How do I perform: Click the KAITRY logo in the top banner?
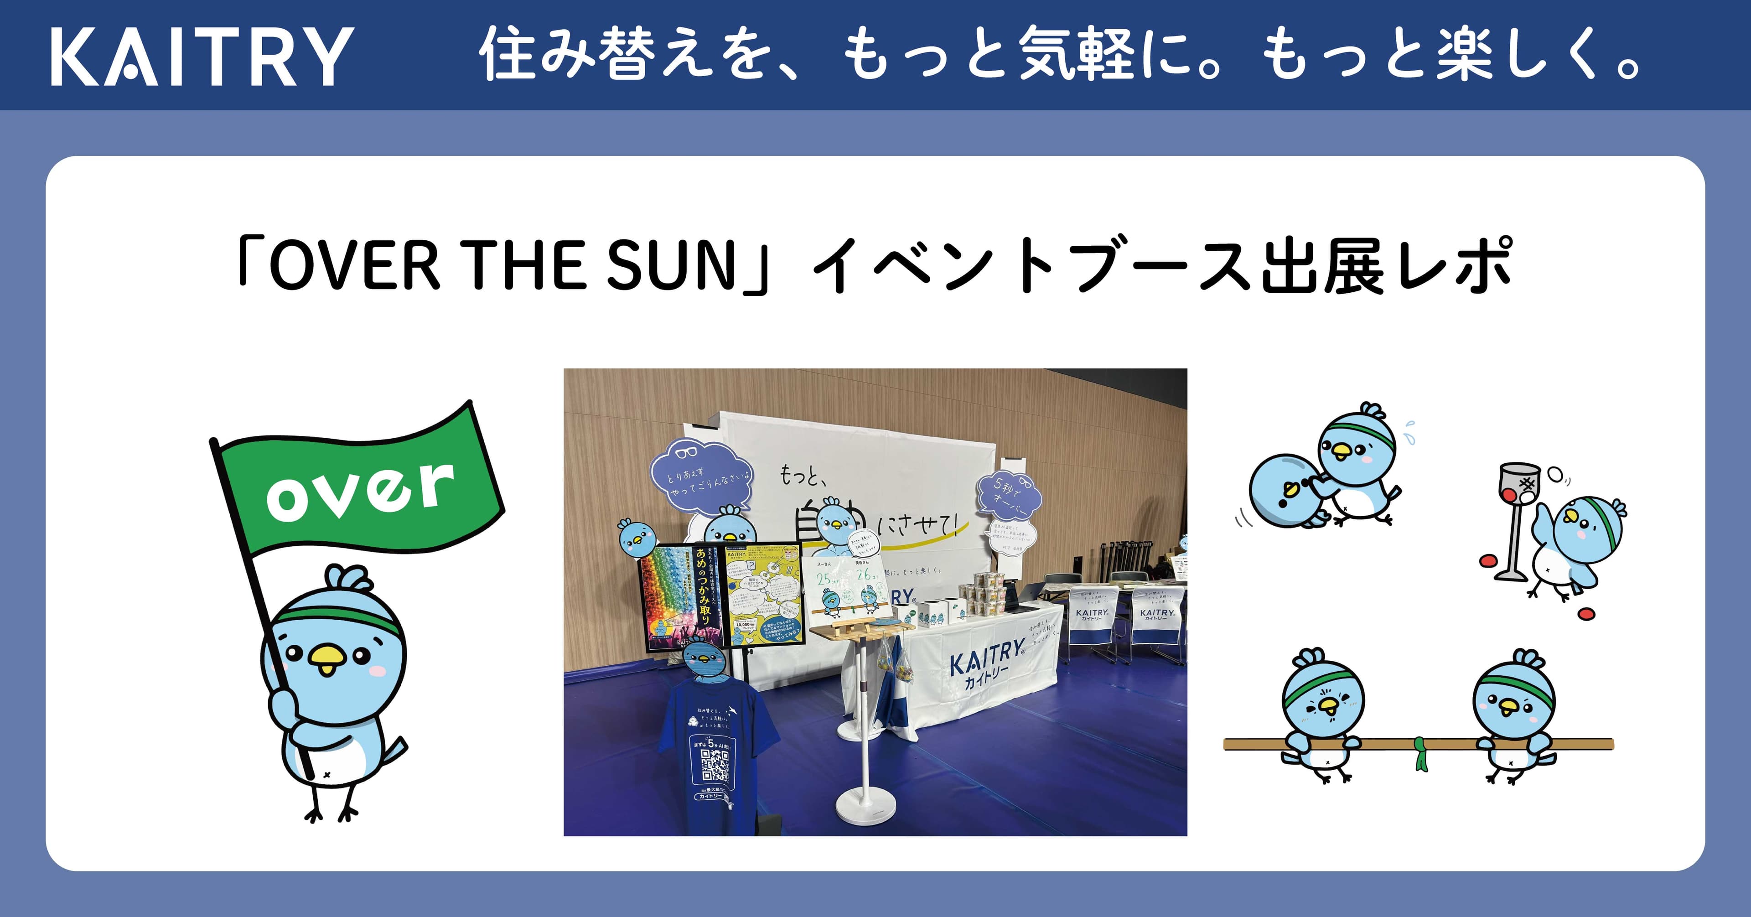(x=202, y=56)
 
